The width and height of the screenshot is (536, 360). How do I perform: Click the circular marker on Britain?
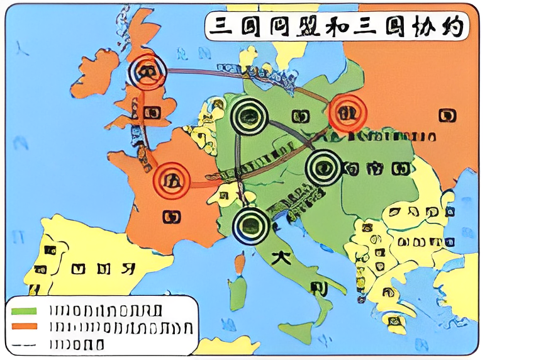coord(146,70)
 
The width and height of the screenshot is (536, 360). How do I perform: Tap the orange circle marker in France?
coord(171,181)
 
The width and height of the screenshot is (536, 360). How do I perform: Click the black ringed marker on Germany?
coord(248,115)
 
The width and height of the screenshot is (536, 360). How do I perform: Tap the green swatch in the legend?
coord(25,310)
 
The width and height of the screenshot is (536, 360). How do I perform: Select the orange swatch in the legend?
coord(25,327)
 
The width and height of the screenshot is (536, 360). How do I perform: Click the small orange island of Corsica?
coord(240,263)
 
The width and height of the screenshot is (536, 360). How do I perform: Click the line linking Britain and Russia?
coord(245,77)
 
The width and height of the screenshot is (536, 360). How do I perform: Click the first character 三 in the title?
coord(220,26)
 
